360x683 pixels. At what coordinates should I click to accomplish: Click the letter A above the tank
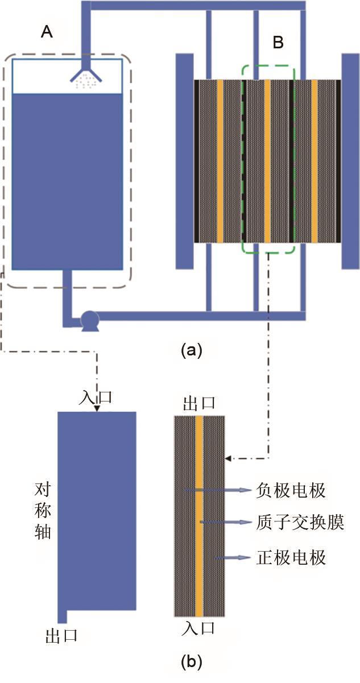click(x=47, y=32)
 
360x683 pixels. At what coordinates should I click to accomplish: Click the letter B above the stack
click(x=278, y=43)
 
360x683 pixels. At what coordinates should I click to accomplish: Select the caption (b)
click(x=191, y=661)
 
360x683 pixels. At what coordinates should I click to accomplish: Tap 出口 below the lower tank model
click(x=61, y=636)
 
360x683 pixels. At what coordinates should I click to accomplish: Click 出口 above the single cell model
click(x=199, y=404)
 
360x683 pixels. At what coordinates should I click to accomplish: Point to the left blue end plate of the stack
click(x=184, y=161)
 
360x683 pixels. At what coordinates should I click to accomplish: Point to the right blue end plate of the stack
click(x=349, y=161)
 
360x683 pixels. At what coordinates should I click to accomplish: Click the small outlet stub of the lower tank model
click(x=63, y=615)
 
